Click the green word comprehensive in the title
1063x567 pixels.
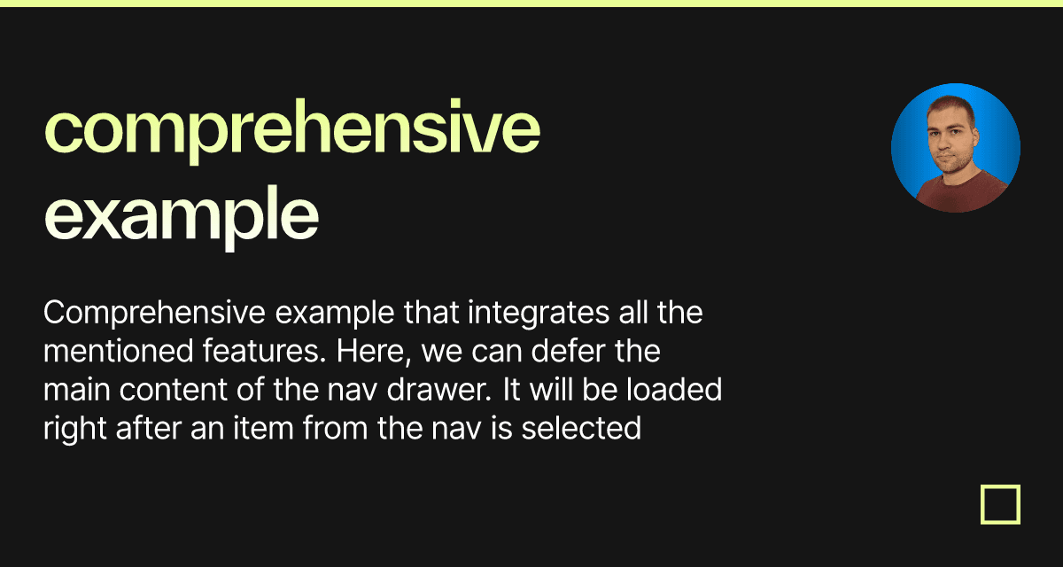click(x=291, y=130)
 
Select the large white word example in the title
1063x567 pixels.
click(x=181, y=217)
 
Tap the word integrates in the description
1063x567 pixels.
click(x=539, y=314)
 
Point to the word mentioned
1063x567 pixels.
click(x=119, y=351)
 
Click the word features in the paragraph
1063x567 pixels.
click(x=264, y=351)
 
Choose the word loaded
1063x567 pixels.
click(x=674, y=390)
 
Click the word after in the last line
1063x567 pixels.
click(x=149, y=428)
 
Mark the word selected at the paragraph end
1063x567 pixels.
click(x=581, y=428)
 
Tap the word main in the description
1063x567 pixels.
click(x=77, y=390)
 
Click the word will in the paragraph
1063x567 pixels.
click(x=551, y=390)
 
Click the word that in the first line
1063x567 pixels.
click(x=431, y=313)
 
